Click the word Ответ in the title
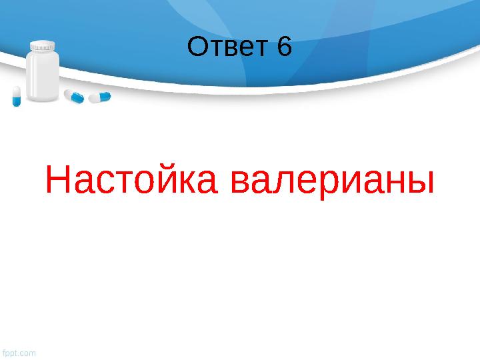pyautogui.click(x=226, y=48)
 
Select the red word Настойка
pyautogui.click(x=130, y=181)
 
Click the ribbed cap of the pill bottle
pyautogui.click(x=43, y=47)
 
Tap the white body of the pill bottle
pyautogui.click(x=43, y=77)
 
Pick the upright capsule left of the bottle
pyautogui.click(x=16, y=96)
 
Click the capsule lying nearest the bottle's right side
pyautogui.click(x=74, y=97)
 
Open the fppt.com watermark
pyautogui.click(x=19, y=352)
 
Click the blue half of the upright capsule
pyautogui.click(x=17, y=101)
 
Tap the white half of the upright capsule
pyautogui.click(x=16, y=91)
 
